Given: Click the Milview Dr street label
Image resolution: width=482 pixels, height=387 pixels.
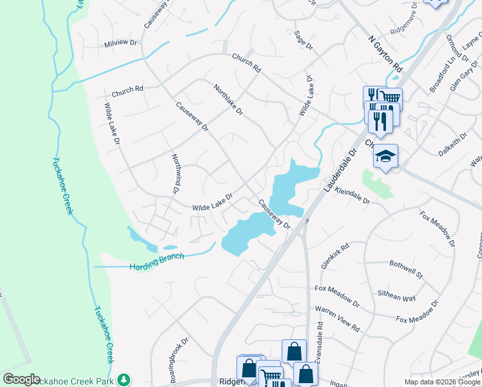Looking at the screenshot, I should tap(120, 43).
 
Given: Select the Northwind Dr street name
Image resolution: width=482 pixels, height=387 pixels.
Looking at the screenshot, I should tap(175, 174).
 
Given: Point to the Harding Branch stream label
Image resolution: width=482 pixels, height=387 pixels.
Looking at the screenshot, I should tap(157, 261).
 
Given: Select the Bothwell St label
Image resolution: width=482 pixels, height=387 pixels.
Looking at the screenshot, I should tap(405, 270).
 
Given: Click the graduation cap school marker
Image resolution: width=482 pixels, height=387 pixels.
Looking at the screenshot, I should tap(385, 157).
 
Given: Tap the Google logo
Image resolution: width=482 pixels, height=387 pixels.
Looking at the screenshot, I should tap(21, 379).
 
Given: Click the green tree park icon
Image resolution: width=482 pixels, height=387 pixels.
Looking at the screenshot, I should tap(123, 379).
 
